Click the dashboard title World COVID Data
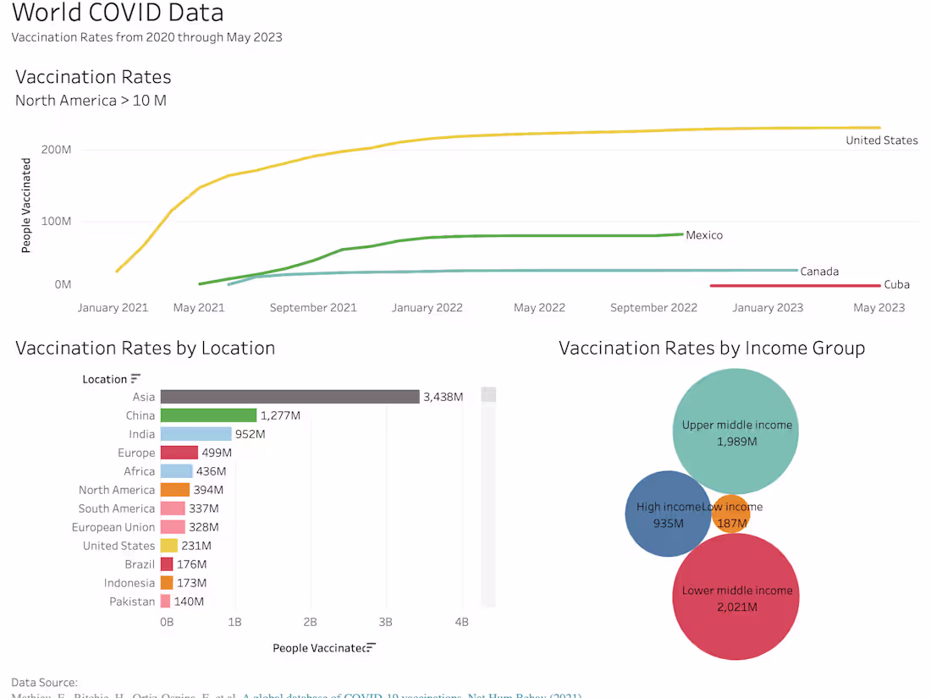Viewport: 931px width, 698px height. [118, 14]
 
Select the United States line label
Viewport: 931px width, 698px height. [881, 140]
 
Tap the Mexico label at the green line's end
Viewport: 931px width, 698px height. [704, 235]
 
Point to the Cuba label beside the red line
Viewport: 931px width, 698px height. [896, 285]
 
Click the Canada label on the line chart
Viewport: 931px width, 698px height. [818, 272]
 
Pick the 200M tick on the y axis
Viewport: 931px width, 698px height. [57, 150]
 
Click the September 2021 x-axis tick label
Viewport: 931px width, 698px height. [313, 308]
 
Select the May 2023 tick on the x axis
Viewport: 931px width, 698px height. [879, 308]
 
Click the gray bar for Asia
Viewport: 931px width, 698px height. [289, 397]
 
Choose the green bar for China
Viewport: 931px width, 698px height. [208, 415]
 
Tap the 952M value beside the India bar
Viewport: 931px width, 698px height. [250, 434]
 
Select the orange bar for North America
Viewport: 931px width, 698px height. [175, 490]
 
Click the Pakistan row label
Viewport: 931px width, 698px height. [132, 602]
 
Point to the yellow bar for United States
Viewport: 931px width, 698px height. [169, 546]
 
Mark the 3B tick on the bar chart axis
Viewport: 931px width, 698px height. [386, 622]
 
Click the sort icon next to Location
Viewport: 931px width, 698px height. [135, 379]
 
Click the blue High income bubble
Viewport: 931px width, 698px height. [665, 514]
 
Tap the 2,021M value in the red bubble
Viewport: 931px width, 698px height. [736, 607]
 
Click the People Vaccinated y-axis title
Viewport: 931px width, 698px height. [26, 206]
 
